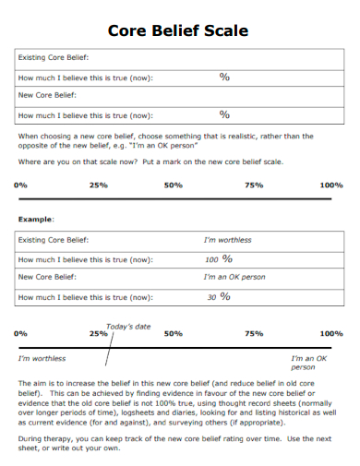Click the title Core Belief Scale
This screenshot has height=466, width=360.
tap(178, 30)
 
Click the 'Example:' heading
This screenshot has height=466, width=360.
tap(36, 219)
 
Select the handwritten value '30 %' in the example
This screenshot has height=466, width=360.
tap(219, 297)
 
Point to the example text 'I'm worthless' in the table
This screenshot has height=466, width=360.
tap(227, 240)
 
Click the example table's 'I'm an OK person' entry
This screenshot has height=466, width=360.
tap(234, 277)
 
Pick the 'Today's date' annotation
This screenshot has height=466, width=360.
tap(128, 326)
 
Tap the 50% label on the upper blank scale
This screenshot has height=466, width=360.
tap(173, 185)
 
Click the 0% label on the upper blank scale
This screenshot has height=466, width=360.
tap(21, 185)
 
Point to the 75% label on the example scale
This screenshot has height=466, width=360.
tap(254, 334)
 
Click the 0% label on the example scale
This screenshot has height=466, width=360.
tap(21, 334)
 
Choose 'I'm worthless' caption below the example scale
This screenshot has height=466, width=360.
tap(42, 358)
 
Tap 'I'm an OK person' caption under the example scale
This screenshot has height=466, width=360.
tap(309, 362)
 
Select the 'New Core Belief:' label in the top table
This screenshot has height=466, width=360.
tap(42, 96)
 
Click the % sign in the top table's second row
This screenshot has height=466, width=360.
tap(223, 77)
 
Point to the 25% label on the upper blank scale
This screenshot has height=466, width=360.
tap(99, 185)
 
